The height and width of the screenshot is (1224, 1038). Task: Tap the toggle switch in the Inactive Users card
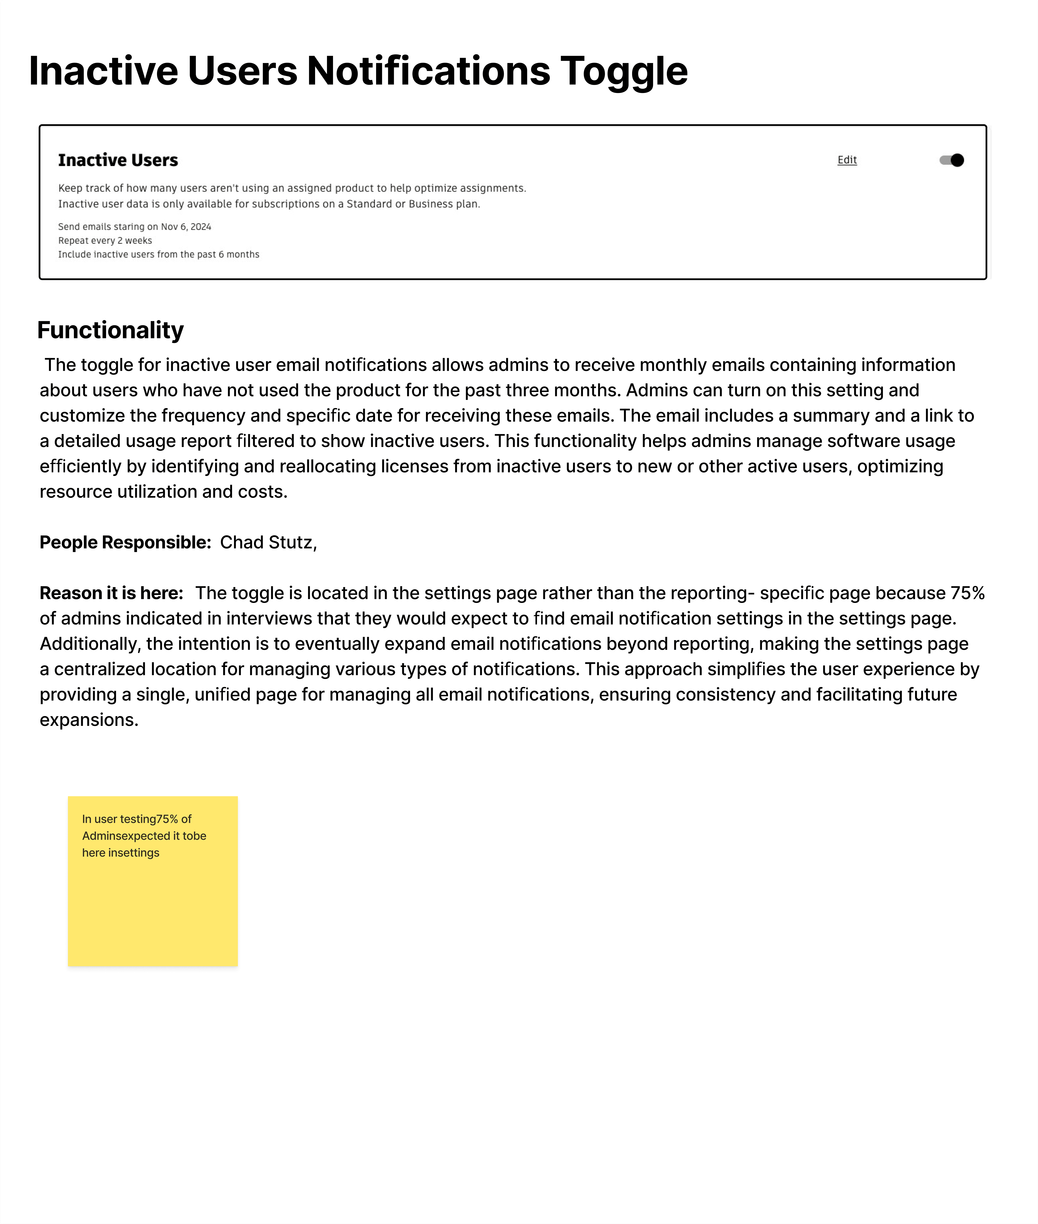point(952,160)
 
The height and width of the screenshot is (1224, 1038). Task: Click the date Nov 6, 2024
point(186,227)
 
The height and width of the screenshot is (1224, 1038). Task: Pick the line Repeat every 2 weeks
point(105,241)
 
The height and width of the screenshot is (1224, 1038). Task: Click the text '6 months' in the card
point(239,254)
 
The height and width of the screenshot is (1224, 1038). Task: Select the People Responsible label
point(125,542)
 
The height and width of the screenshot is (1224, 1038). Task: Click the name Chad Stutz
point(266,542)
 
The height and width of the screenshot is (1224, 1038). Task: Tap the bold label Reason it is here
point(111,593)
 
